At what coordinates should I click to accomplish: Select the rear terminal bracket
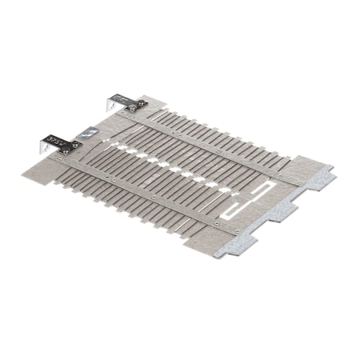click(125, 102)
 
